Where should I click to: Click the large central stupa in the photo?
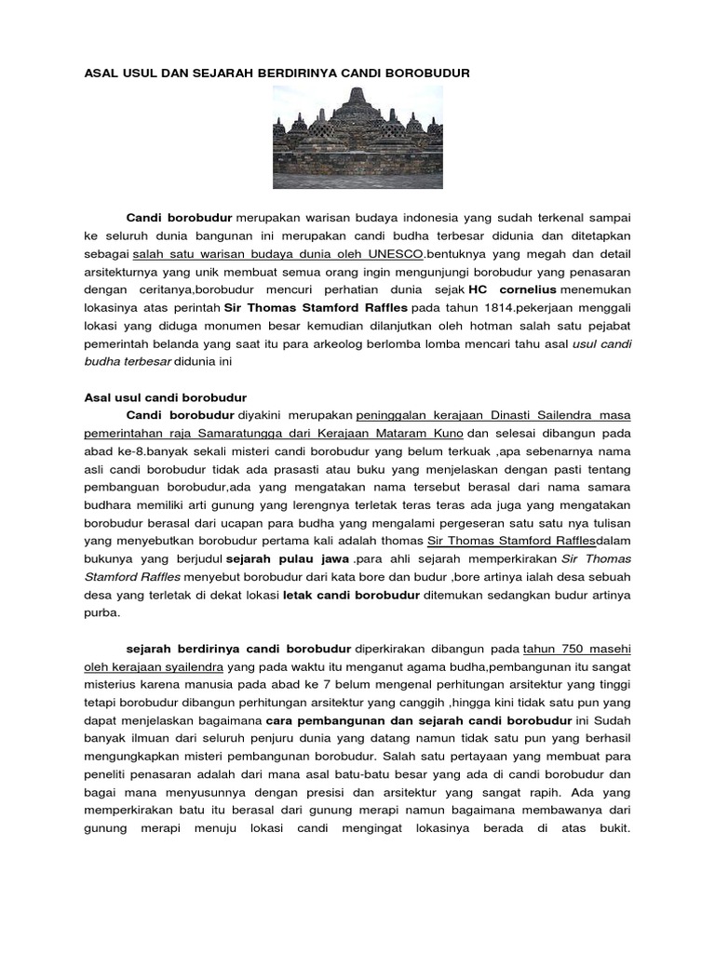(359, 111)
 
